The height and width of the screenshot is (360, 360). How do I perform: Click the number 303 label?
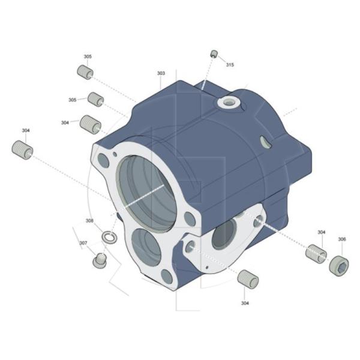click(x=161, y=73)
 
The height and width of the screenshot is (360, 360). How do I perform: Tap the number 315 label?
click(x=230, y=65)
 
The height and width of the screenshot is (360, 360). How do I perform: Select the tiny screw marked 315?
click(x=213, y=54)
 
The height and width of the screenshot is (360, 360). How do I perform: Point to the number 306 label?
click(x=341, y=239)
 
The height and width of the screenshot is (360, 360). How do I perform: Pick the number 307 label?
click(x=83, y=243)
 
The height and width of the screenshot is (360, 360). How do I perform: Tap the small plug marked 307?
click(x=100, y=260)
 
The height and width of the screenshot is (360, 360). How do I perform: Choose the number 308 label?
click(x=89, y=221)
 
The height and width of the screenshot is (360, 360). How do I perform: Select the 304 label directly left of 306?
click(x=322, y=232)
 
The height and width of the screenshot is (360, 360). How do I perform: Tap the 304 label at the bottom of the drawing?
click(x=245, y=303)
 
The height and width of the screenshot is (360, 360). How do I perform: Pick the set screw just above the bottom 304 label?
click(x=247, y=279)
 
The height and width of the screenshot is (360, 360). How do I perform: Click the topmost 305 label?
click(x=88, y=56)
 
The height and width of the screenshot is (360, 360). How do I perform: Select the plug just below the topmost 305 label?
click(x=85, y=73)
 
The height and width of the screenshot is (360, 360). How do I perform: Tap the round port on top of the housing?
click(x=227, y=103)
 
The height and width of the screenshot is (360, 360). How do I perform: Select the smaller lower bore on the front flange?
click(x=146, y=247)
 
